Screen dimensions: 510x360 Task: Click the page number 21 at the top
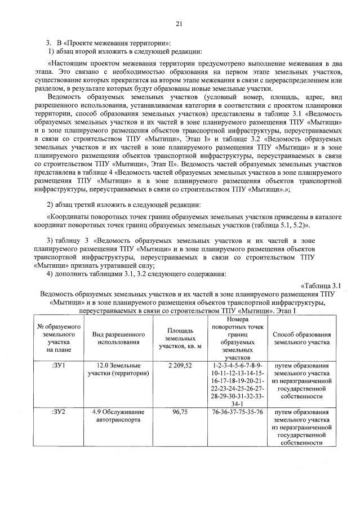point(179,23)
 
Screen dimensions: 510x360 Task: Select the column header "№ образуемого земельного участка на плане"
point(59,338)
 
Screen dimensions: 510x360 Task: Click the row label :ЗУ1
point(59,365)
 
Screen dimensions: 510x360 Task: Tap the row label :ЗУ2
point(59,412)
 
